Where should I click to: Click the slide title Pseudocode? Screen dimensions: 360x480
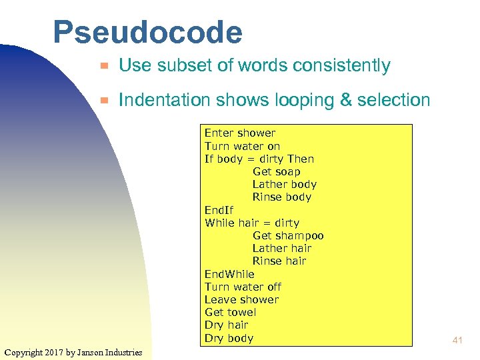[x=147, y=32]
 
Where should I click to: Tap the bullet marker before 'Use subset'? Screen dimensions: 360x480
[x=103, y=67]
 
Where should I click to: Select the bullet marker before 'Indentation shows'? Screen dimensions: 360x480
[x=103, y=101]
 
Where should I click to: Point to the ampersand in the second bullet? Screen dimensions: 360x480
[x=345, y=101]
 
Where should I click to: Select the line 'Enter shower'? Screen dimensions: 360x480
[x=239, y=133]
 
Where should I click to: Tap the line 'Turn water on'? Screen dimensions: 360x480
[x=242, y=146]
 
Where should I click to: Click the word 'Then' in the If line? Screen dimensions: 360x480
[x=300, y=159]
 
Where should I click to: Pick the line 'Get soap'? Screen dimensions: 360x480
[x=276, y=171]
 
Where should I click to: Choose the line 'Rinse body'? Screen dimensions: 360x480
[x=281, y=197]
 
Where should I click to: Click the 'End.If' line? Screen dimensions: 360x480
[x=219, y=210]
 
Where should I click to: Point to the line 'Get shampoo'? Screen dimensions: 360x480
[x=288, y=235]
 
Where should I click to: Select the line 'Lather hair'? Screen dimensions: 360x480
[x=281, y=248]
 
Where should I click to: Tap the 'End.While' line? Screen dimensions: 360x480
[x=229, y=274]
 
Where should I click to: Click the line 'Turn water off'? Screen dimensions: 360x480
[x=243, y=287]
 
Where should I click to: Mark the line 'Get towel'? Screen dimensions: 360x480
[x=230, y=312]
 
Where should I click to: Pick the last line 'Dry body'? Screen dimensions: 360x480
[x=229, y=338]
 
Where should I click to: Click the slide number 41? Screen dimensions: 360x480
[x=457, y=341]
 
